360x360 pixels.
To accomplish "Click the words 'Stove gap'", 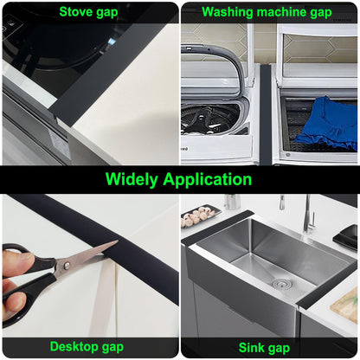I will click(x=89, y=11).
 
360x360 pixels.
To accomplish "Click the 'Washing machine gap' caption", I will click(x=267, y=11).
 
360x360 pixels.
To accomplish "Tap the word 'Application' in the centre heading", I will click(x=212, y=179).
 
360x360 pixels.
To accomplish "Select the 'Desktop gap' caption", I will click(x=87, y=346).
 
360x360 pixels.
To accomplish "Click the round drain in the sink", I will click(x=279, y=283).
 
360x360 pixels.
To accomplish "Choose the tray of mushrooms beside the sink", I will click(x=201, y=215).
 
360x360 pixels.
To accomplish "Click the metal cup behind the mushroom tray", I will click(x=232, y=202).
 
